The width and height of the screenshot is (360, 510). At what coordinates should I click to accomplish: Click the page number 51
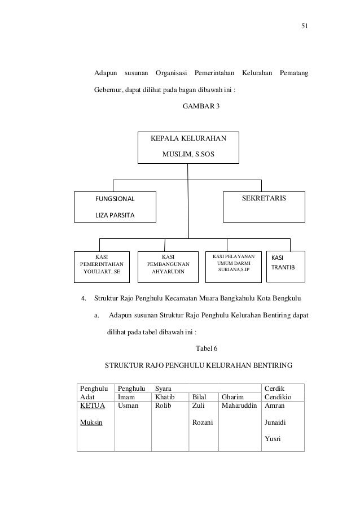click(305, 26)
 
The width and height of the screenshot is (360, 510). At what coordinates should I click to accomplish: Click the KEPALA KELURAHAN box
click(188, 146)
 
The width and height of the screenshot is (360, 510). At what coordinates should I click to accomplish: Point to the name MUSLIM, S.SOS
click(188, 154)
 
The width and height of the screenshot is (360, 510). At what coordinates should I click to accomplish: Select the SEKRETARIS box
click(264, 207)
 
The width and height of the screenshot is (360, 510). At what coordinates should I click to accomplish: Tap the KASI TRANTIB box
click(285, 265)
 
